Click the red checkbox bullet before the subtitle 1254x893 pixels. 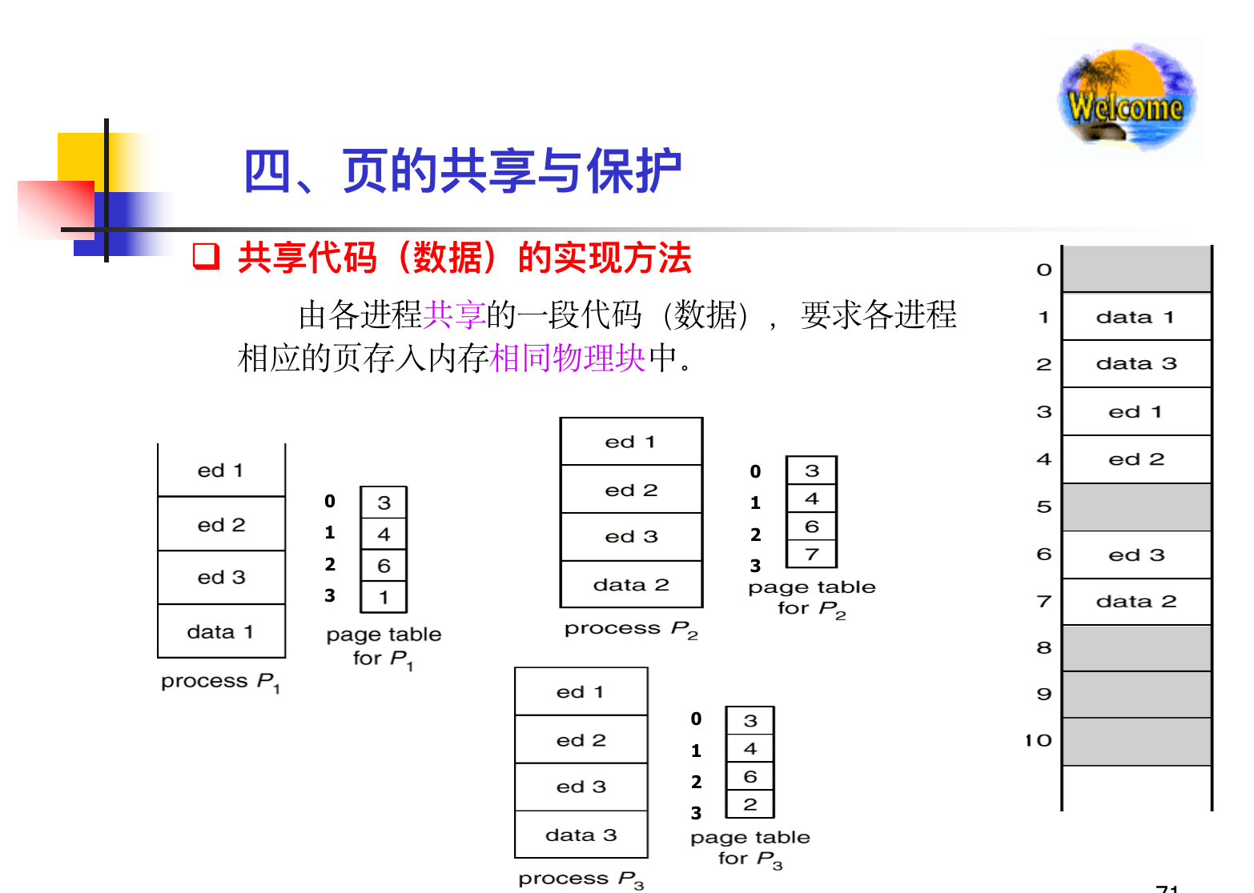point(206,257)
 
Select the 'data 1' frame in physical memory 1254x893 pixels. point(1135,317)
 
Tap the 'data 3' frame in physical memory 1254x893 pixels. point(1135,364)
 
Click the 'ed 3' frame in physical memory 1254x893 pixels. point(1135,555)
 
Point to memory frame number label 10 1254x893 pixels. point(1039,741)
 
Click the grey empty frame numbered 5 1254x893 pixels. point(1135,507)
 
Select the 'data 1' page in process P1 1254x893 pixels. point(221,631)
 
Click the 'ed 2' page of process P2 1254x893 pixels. point(631,490)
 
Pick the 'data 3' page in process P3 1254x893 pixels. point(581,835)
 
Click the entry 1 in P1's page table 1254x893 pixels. point(384,597)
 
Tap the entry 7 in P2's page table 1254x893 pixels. point(811,554)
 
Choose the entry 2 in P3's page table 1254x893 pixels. point(750,804)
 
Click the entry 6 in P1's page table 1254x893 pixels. point(384,566)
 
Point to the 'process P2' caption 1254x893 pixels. point(631,629)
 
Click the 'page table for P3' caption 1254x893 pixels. point(750,848)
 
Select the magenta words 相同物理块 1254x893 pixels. point(567,358)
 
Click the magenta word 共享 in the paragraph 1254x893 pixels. point(454,314)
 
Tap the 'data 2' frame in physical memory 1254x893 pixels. point(1135,602)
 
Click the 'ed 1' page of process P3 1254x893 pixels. point(581,691)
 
